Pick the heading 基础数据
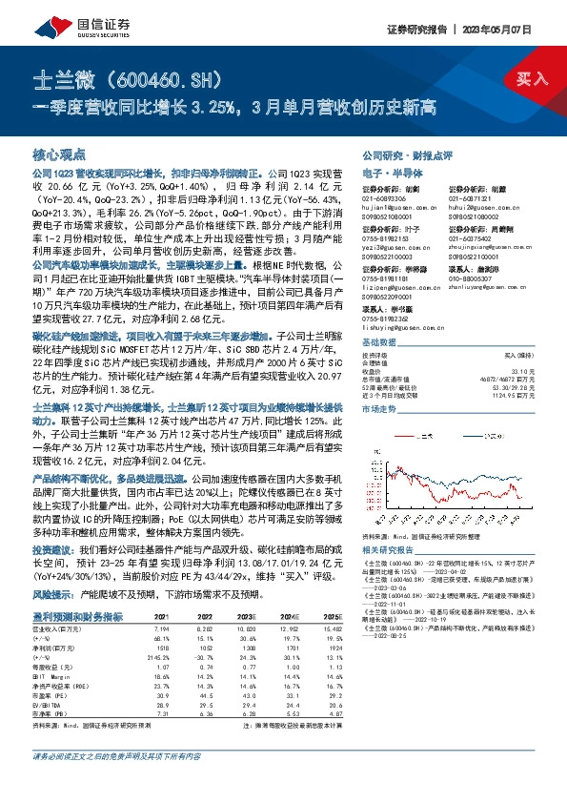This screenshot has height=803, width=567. coord(380,340)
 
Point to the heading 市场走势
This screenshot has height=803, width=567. coord(380,406)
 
